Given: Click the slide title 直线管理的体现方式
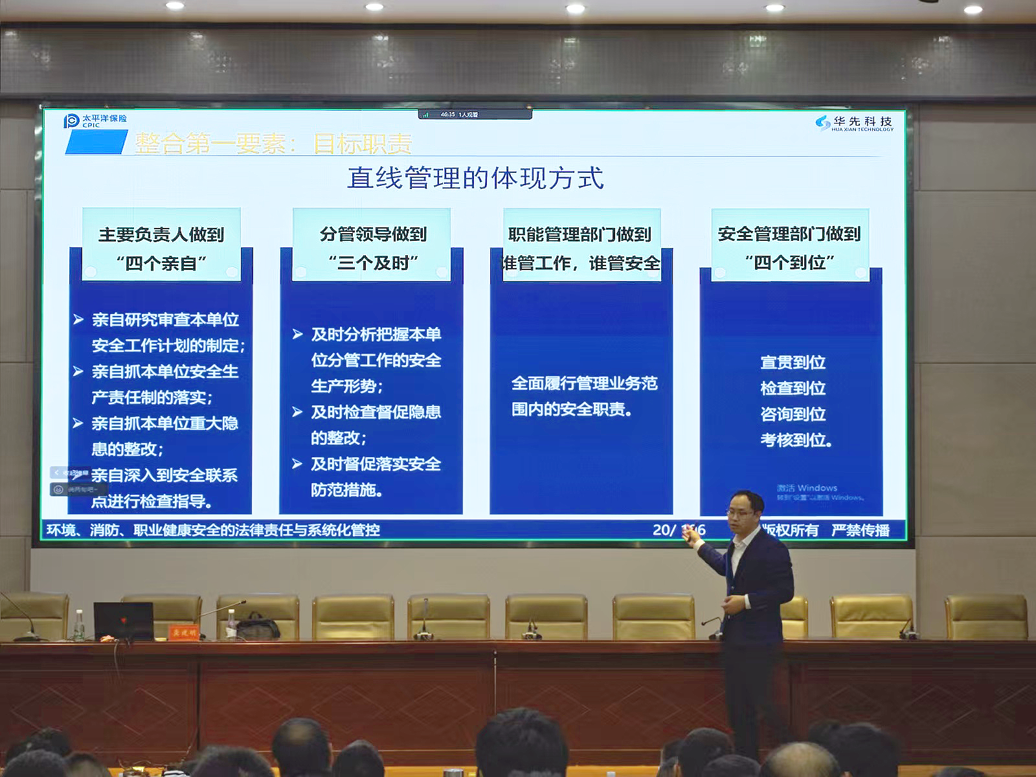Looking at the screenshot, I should (x=475, y=178).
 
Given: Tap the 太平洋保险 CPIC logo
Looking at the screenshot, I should (x=95, y=120).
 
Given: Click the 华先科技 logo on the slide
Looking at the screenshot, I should (x=854, y=123).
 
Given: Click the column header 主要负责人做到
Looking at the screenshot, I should (x=161, y=234).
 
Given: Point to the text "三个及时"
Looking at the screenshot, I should (x=373, y=263).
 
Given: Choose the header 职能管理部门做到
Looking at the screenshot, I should (x=580, y=234).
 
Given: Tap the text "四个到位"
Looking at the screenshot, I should (x=789, y=263).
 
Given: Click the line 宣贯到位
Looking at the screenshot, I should (x=793, y=363).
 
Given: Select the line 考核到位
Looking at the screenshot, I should (x=795, y=440).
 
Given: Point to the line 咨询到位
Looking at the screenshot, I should (x=793, y=414).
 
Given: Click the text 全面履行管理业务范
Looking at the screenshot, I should (x=584, y=383).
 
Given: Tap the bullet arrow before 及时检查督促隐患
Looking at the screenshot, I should (x=297, y=412).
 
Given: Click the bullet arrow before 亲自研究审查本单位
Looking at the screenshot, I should (x=78, y=319).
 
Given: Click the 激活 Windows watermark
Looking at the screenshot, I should (x=807, y=488).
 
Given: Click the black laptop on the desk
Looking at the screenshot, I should (x=123, y=620).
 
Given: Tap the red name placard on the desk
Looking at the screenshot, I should (x=184, y=631).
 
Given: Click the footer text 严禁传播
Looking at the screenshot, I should (x=860, y=530).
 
